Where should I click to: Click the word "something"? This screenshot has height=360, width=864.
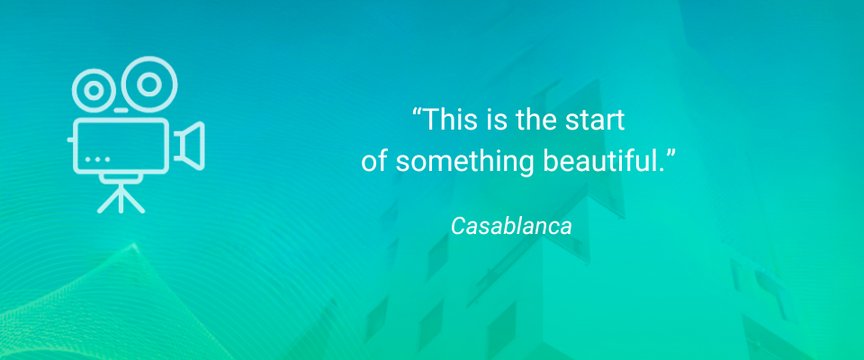pos(459,163)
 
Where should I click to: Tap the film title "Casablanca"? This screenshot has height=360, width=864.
pos(510,226)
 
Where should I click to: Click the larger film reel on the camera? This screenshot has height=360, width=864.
pos(148,84)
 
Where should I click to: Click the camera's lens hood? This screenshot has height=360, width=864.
pos(191,145)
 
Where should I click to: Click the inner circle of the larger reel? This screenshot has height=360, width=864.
pos(148,84)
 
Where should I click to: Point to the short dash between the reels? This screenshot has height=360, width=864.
pos(121,111)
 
